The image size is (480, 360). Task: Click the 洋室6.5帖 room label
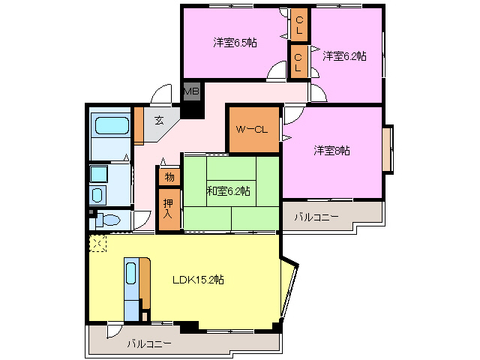235,43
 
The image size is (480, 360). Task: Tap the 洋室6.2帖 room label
344,56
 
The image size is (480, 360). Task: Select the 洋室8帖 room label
331,151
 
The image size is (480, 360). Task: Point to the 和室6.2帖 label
228,191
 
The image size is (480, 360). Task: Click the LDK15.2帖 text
198,280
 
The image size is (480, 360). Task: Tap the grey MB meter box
192,91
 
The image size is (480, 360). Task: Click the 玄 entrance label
158,120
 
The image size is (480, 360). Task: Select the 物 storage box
169,177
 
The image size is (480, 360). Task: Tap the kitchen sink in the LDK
131,273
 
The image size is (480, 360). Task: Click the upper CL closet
299,25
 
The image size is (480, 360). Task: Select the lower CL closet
298,62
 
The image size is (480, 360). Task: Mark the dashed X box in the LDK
97,243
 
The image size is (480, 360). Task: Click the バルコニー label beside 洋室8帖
316,217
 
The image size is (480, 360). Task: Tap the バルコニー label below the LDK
149,343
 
